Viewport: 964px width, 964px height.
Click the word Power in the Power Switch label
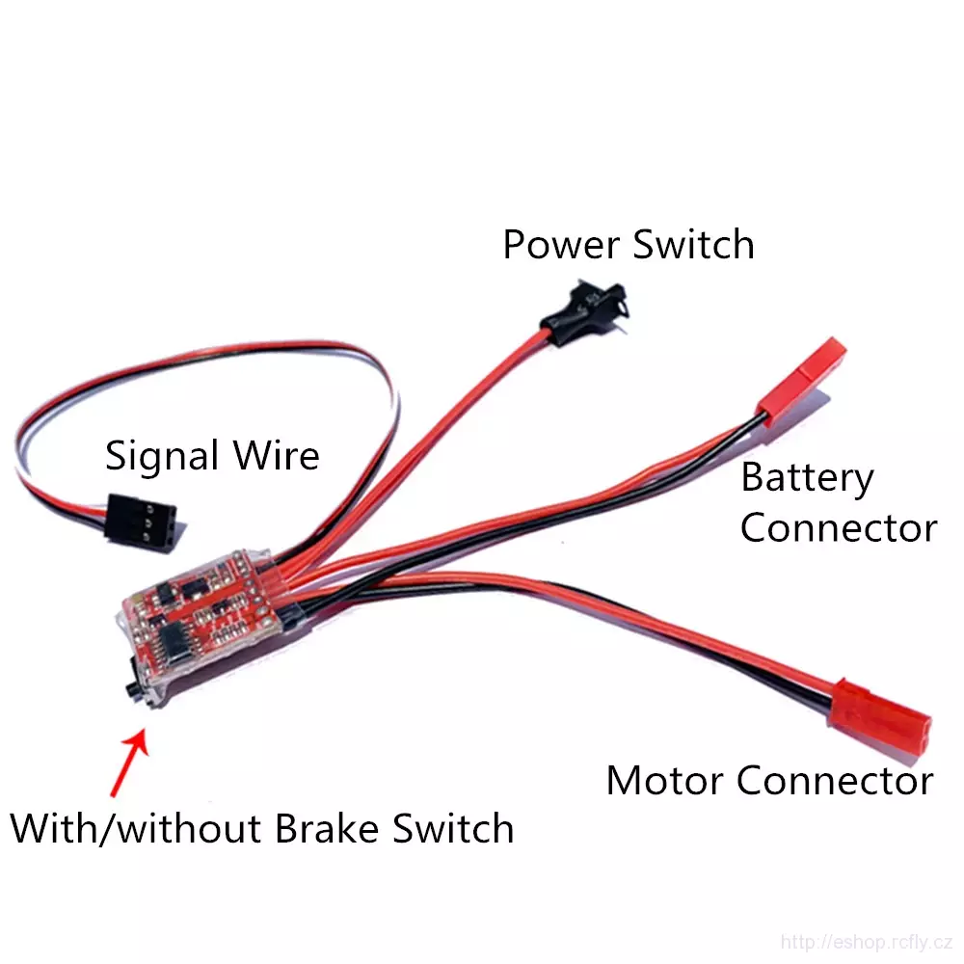pos(561,245)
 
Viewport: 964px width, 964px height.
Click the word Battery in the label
pos(807,478)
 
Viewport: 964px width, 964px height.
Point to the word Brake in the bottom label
pos(327,829)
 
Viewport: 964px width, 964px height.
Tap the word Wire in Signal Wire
pos(276,456)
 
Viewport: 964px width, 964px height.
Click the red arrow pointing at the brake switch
pos(129,763)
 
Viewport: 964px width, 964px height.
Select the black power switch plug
pos(585,312)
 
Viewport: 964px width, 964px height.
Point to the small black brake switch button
pos(131,686)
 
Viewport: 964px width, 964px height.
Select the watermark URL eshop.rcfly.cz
pos(867,941)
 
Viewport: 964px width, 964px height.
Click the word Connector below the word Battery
pos(840,528)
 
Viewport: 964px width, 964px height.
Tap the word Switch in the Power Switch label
pos(693,245)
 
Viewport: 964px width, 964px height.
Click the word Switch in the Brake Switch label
pos(453,829)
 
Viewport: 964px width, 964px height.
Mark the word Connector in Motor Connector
pos(835,781)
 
